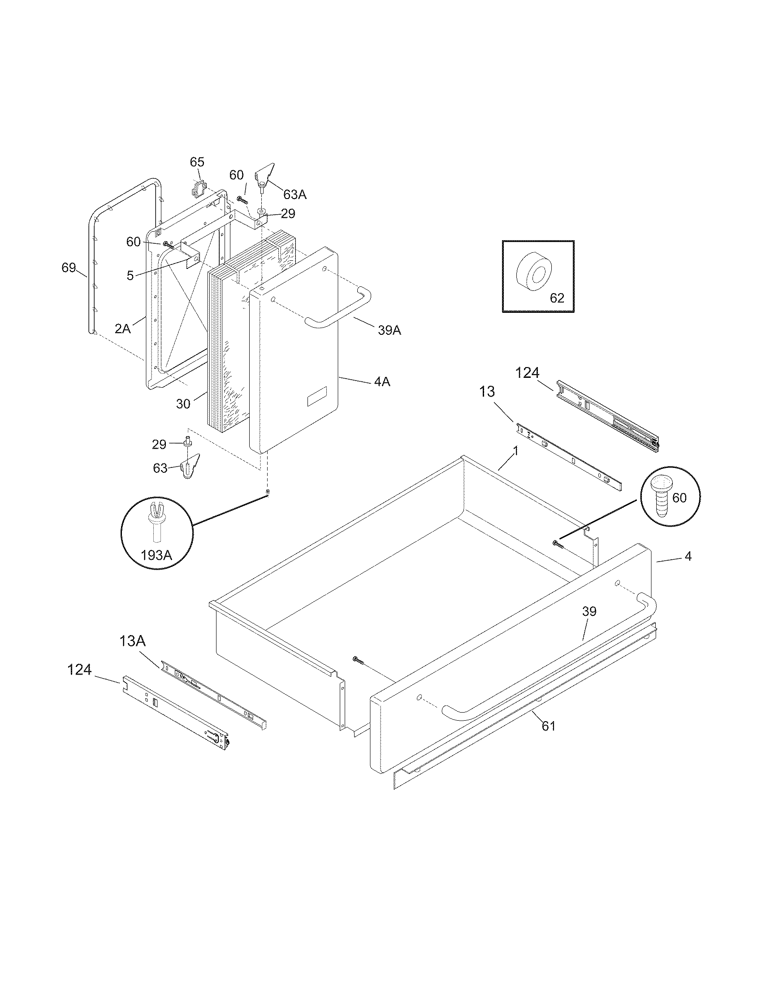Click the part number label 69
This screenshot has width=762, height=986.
point(69,268)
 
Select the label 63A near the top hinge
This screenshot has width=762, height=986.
point(295,195)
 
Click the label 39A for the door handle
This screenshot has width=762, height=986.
point(390,330)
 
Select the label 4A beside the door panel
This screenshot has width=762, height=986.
point(381,382)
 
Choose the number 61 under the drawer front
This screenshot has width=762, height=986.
point(549,726)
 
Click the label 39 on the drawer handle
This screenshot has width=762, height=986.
point(589,611)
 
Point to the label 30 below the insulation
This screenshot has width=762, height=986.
point(183,404)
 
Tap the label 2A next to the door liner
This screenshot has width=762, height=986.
point(122,328)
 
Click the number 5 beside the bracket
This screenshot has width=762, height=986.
point(130,275)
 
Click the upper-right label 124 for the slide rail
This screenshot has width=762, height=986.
point(527,373)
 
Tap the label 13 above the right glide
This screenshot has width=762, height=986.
point(487,391)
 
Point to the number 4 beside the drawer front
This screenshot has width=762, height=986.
point(688,557)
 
